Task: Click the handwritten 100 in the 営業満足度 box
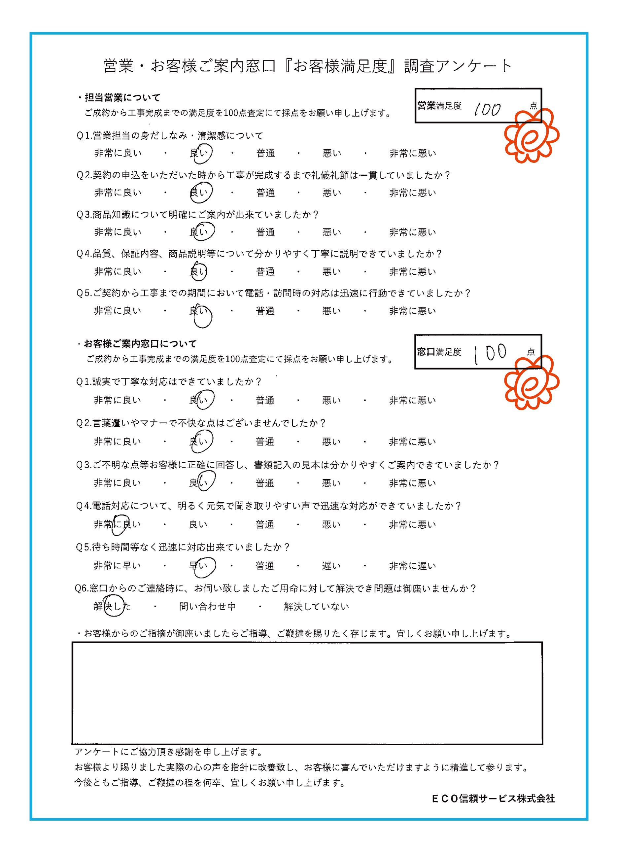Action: coord(487,110)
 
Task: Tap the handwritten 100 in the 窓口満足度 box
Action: coord(490,353)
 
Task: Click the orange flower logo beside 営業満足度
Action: coord(531,136)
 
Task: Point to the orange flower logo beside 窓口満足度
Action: coord(531,383)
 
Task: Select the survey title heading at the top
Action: coord(308,66)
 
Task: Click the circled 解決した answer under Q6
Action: coord(112,606)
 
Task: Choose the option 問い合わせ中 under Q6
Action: coord(207,606)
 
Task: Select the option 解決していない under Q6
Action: coord(316,606)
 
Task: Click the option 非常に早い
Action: coord(117,565)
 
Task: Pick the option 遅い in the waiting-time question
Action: coord(331,566)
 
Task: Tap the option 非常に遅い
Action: coord(412,566)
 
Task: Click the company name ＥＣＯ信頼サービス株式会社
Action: coord(493,798)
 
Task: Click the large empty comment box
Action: coord(307,693)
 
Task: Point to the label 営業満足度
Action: coord(439,106)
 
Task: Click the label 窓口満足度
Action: coord(439,352)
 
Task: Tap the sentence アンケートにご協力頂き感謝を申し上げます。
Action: coord(168,752)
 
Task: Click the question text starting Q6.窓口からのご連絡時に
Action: coord(275,588)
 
